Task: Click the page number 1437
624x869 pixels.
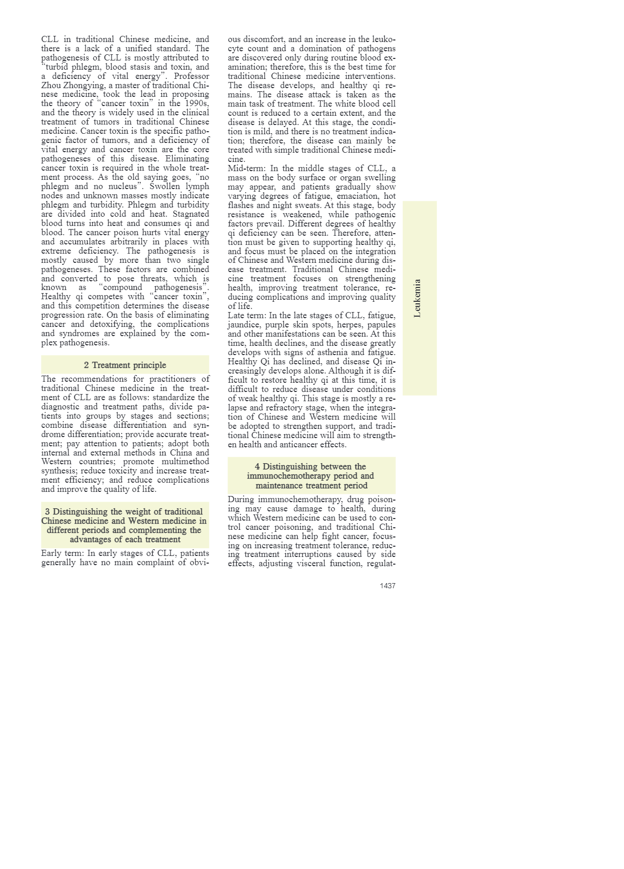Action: (387, 586)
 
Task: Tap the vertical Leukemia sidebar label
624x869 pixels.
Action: (418, 298)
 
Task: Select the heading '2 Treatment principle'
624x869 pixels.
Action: (125, 365)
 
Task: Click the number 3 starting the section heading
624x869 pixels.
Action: (48, 512)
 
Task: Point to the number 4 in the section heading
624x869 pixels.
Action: (257, 467)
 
